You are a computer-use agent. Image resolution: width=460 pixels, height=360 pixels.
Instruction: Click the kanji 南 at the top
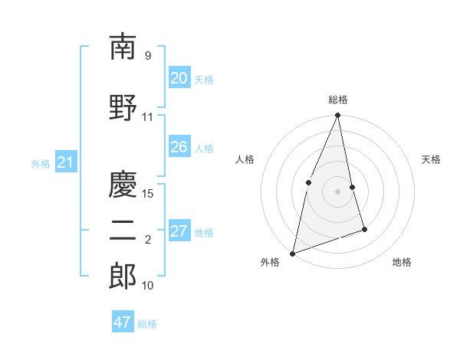pyautogui.click(x=123, y=47)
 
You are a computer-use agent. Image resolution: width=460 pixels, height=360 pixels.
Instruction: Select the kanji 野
pyautogui.click(x=123, y=107)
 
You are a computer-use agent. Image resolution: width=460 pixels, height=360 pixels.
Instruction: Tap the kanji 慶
pyautogui.click(x=123, y=184)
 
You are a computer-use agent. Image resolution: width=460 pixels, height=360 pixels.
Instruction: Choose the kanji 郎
pyautogui.click(x=123, y=277)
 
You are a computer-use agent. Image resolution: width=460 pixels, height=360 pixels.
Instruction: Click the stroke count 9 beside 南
pyautogui.click(x=147, y=55)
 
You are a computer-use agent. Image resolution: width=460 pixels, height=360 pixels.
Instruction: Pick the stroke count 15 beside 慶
pyautogui.click(x=148, y=193)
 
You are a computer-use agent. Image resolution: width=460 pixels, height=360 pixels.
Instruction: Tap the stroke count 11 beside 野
pyautogui.click(x=148, y=117)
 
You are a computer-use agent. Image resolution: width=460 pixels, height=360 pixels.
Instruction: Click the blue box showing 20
pyautogui.click(x=179, y=78)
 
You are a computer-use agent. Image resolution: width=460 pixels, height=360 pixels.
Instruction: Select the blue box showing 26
pyautogui.click(x=179, y=147)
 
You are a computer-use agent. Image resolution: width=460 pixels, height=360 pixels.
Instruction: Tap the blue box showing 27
pyautogui.click(x=179, y=231)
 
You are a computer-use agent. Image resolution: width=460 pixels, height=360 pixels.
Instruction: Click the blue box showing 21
pyautogui.click(x=65, y=162)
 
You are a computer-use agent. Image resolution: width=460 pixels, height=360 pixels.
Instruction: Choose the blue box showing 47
pyautogui.click(x=123, y=322)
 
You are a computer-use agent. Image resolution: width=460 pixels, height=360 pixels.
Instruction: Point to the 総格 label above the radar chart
pyautogui.click(x=338, y=100)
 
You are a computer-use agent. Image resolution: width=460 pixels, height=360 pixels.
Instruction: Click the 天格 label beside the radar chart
pyautogui.click(x=431, y=159)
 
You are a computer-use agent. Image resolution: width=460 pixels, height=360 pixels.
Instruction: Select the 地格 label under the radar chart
pyautogui.click(x=402, y=262)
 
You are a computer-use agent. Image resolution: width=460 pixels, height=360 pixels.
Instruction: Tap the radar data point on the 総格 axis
pyautogui.click(x=338, y=116)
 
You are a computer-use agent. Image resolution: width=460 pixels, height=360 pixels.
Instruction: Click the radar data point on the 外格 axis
pyautogui.click(x=292, y=253)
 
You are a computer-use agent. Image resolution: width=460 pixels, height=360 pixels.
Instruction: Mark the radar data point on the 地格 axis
pyautogui.click(x=364, y=229)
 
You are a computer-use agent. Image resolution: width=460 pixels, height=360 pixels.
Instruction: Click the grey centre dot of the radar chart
pyautogui.click(x=338, y=191)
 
